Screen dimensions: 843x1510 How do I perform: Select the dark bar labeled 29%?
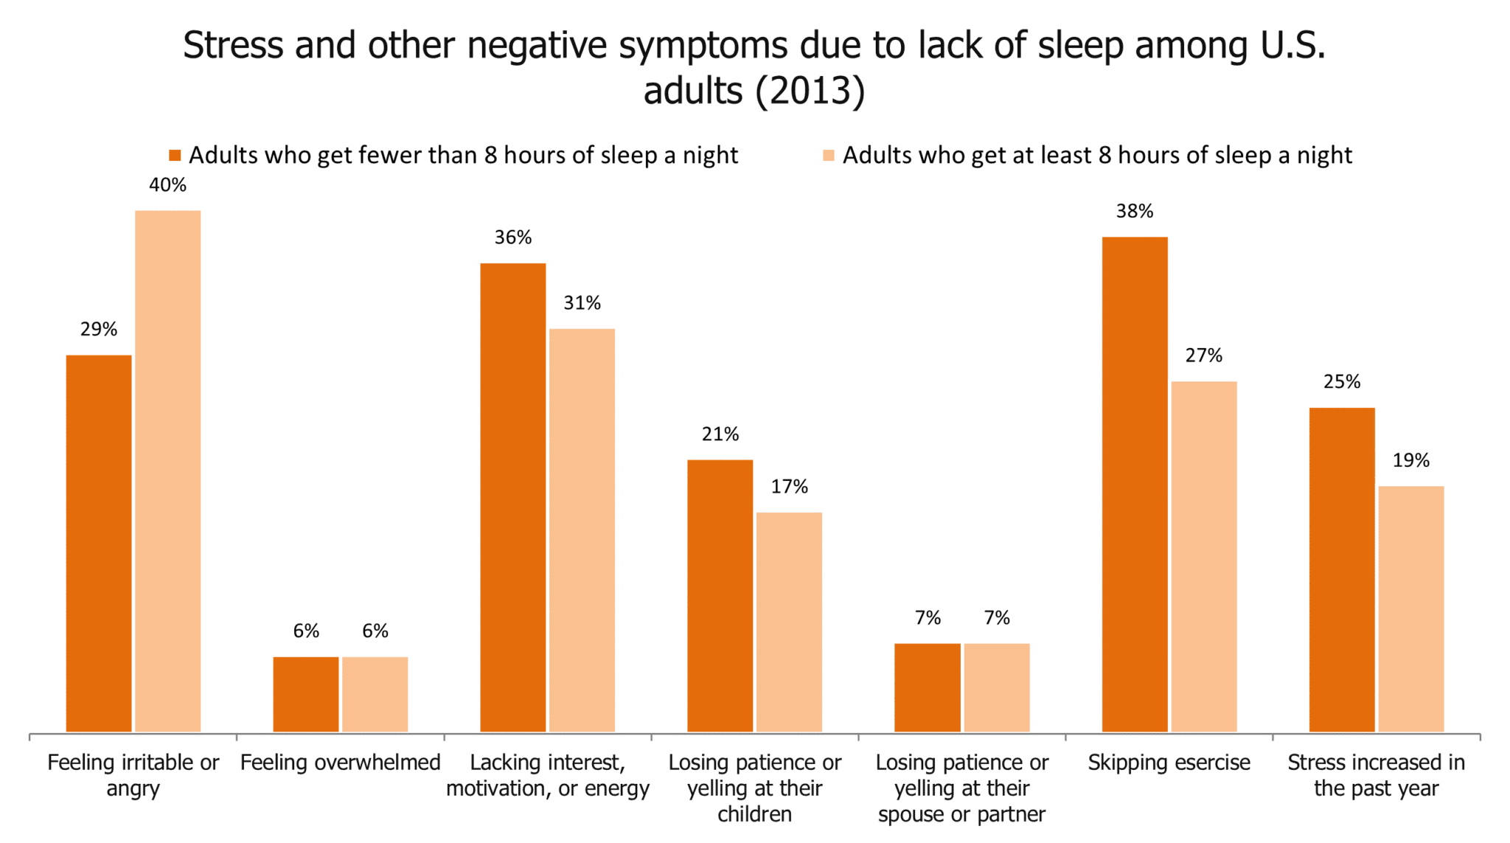99,543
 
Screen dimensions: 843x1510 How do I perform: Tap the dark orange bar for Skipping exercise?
1135,484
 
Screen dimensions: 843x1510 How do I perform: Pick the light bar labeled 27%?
1204,556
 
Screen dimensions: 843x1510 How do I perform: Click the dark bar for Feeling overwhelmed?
306,694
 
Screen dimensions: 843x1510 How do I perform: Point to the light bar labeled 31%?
582,530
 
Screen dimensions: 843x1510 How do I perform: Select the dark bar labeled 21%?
720,595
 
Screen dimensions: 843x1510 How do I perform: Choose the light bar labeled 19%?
1411,608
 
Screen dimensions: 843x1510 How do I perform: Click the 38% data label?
1135,212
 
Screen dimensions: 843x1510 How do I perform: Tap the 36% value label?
513,237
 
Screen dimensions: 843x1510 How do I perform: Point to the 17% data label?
790,487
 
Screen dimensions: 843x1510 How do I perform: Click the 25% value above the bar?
1342,382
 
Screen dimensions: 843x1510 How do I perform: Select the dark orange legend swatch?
175,156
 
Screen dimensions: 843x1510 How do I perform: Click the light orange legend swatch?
829,156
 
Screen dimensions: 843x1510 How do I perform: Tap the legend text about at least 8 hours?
1097,156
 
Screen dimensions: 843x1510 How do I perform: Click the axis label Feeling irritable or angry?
133,774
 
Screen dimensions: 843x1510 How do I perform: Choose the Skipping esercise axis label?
1169,762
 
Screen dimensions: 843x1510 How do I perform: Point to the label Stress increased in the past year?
1376,774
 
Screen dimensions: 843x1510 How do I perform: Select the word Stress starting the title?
233,46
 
